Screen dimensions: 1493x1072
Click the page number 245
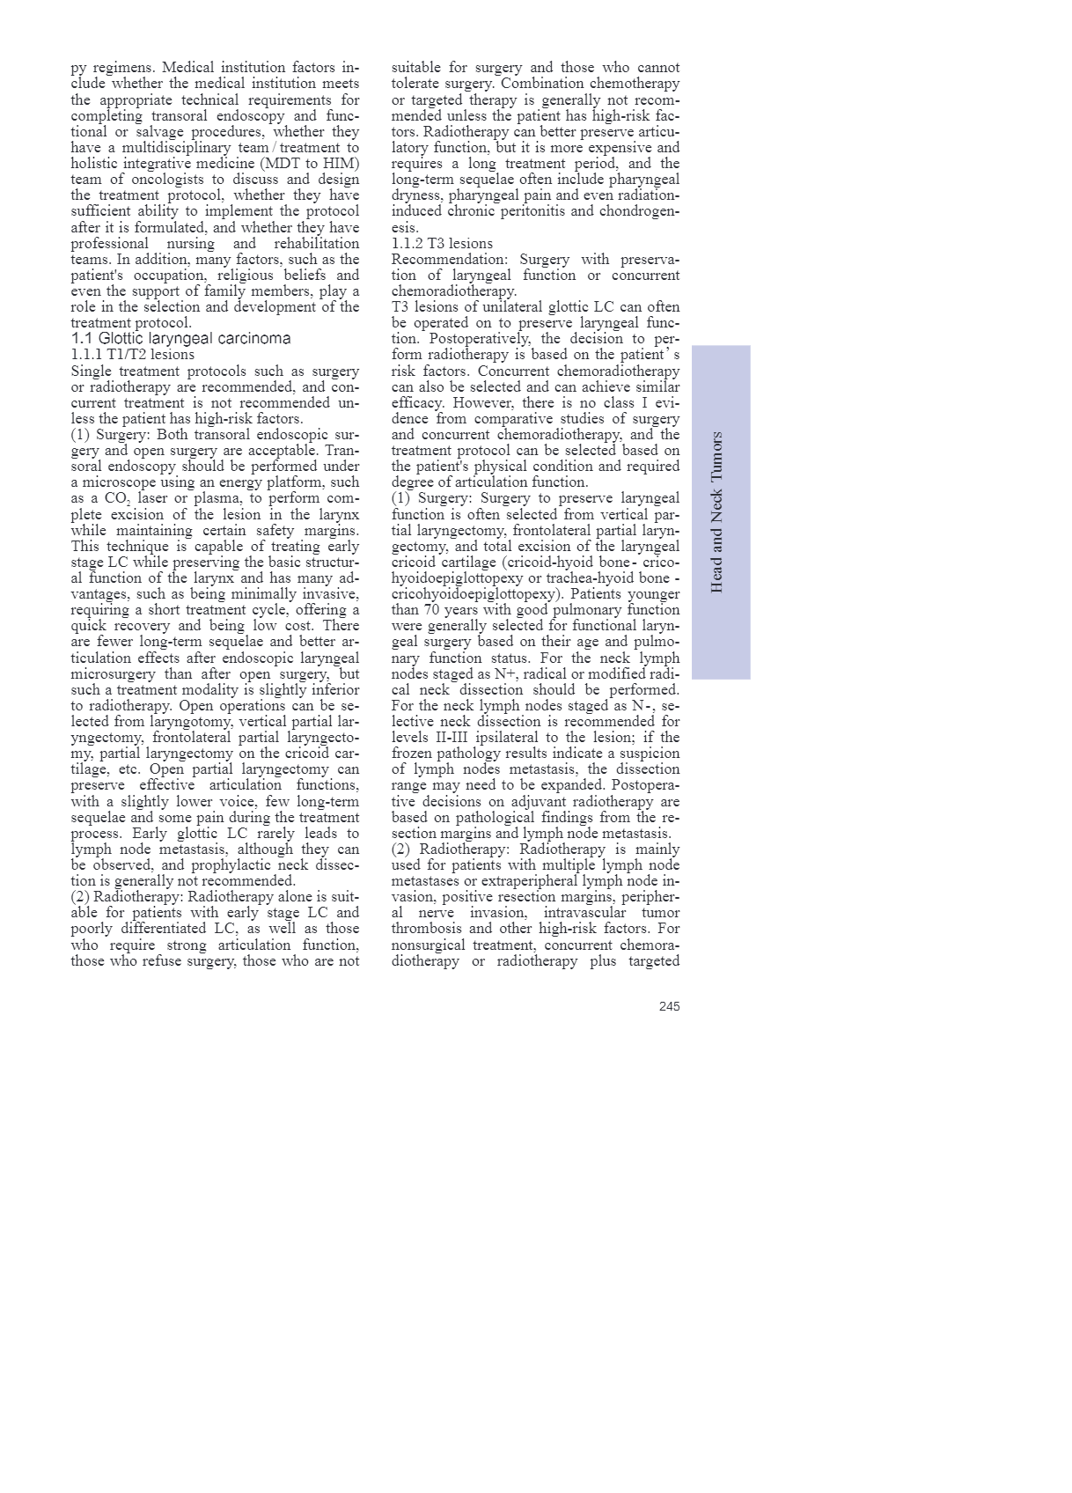(x=669, y=1006)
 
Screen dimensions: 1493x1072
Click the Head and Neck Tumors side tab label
(x=716, y=511)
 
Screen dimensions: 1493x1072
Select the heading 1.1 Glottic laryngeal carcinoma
(x=180, y=339)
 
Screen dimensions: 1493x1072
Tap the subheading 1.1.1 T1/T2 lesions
(x=133, y=355)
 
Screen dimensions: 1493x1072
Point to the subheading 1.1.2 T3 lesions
(x=442, y=243)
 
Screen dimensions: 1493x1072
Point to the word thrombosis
(x=427, y=929)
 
